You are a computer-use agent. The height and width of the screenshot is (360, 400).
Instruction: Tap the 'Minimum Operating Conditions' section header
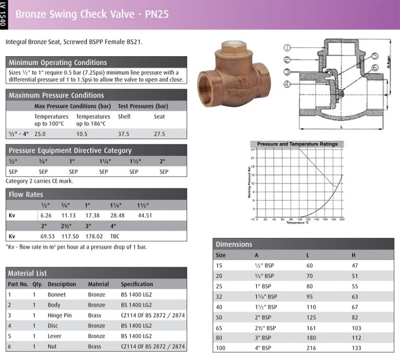pyautogui.click(x=58, y=62)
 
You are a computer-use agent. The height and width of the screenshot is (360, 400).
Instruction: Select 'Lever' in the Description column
pyautogui.click(x=55, y=336)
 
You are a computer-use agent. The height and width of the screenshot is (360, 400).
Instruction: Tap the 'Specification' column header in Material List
pyautogui.click(x=137, y=284)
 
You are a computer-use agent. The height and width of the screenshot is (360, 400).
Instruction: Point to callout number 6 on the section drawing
pyautogui.click(x=374, y=68)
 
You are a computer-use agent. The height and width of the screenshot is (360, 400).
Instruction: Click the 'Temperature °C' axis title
pyautogui.click(x=298, y=222)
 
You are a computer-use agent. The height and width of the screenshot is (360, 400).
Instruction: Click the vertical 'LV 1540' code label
pyautogui.click(x=4, y=14)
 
